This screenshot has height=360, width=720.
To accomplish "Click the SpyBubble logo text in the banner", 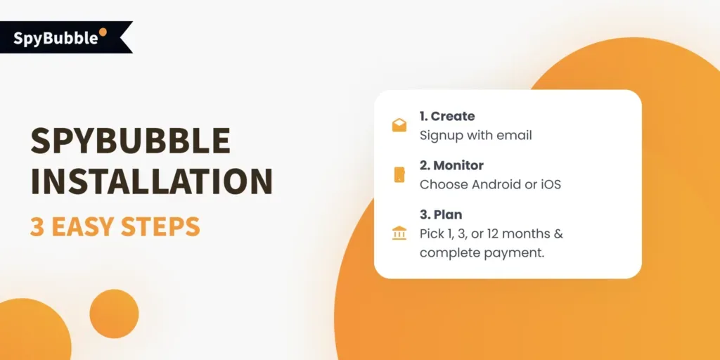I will tap(56, 38).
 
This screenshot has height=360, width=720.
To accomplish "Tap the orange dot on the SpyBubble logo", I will tap(103, 32).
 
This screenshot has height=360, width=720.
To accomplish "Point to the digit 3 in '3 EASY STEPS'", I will tap(37, 227).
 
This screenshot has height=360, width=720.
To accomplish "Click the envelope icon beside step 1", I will tap(399, 126).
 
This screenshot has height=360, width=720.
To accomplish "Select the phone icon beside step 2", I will tap(399, 175).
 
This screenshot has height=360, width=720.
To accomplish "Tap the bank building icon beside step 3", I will tap(399, 233).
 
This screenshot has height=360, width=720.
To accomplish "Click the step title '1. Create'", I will tap(447, 116).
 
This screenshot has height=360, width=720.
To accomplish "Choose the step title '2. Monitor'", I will tap(451, 165).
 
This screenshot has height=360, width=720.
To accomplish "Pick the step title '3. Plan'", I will tap(441, 214).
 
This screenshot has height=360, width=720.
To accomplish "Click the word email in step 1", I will tap(514, 135).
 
